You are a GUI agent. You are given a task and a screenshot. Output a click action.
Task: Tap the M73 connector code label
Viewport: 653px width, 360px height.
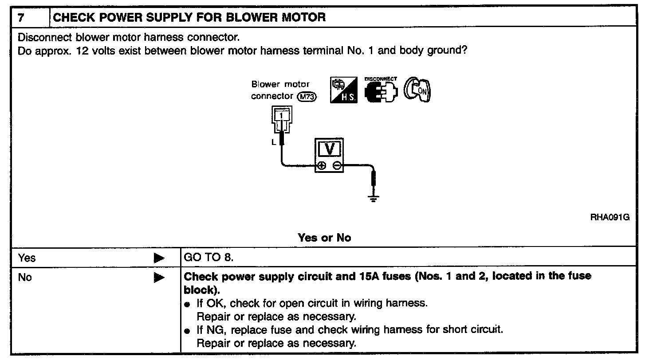point(307,96)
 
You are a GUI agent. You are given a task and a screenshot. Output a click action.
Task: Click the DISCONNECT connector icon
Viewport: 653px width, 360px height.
point(380,90)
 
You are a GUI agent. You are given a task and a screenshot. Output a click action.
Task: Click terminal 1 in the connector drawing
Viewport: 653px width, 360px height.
point(281,116)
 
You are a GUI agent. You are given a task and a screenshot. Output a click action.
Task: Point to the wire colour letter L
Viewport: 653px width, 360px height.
point(274,142)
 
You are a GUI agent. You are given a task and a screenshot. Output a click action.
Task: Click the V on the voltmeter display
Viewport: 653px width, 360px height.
point(329,149)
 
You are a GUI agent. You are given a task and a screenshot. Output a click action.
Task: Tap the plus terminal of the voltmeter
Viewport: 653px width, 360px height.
point(321,166)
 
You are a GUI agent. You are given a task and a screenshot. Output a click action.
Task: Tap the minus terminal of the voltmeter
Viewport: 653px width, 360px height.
point(337,166)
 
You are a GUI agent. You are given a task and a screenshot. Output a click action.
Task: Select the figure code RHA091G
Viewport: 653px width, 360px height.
point(610,217)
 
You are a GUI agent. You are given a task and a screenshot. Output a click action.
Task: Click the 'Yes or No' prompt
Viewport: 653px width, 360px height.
point(324,238)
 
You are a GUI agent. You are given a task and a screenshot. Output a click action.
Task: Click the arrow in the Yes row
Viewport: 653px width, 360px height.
point(159,258)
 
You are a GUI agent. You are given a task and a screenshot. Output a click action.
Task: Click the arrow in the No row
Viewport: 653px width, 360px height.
point(159,278)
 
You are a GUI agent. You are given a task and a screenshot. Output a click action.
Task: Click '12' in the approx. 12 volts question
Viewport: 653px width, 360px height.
point(82,50)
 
